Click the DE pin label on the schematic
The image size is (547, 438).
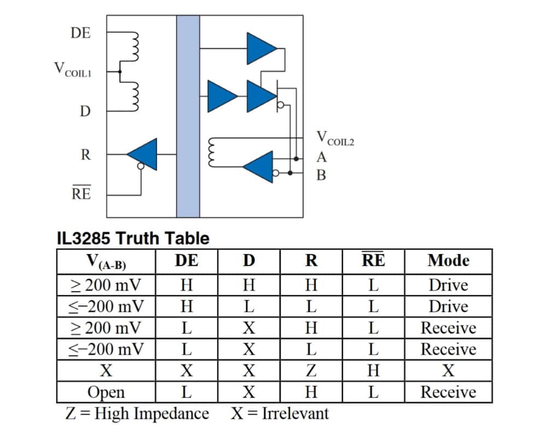point(80,33)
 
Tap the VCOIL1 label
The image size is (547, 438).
point(73,69)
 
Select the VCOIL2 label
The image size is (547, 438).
point(335,139)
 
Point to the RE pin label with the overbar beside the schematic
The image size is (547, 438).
point(82,193)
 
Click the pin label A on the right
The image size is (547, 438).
point(322,158)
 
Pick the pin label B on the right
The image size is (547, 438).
point(321,175)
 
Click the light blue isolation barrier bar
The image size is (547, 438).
point(188,116)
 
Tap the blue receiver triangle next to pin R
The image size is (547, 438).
point(142,154)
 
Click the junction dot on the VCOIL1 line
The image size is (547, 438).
point(120,72)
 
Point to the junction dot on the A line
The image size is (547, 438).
point(296,159)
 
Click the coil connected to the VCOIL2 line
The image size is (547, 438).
point(211,153)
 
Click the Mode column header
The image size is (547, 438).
point(449,261)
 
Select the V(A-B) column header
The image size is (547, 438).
point(106,262)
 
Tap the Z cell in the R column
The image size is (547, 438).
point(311,370)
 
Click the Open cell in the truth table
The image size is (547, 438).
point(106,392)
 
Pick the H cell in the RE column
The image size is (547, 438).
point(373,370)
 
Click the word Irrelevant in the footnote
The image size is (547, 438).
point(295,413)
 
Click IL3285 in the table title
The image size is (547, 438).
point(83,238)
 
